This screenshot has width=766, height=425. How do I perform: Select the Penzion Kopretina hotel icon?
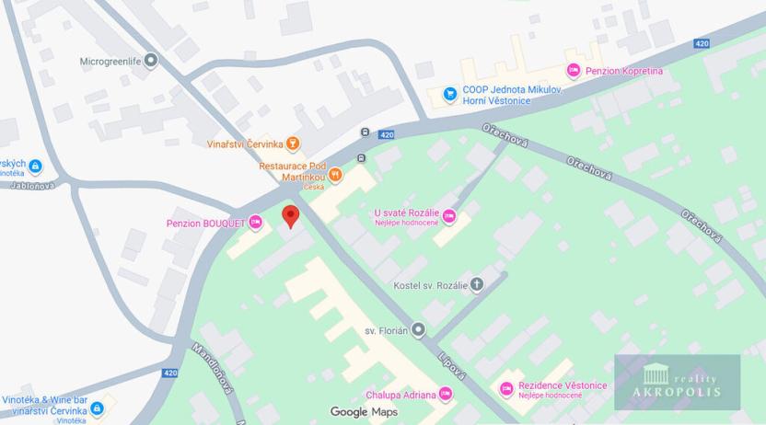[573, 71]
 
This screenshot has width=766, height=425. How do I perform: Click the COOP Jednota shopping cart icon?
[449, 94]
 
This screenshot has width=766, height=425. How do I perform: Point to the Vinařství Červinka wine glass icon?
[293, 144]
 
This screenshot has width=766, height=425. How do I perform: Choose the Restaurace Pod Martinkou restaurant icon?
[335, 172]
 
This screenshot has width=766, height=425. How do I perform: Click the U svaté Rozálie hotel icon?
[449, 217]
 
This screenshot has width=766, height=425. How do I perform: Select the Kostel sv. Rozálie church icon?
[476, 284]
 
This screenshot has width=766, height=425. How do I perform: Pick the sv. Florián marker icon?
[418, 329]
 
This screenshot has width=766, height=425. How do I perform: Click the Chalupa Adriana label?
[400, 396]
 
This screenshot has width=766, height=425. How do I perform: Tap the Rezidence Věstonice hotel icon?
[505, 389]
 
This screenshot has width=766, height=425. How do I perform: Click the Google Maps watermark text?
[364, 412]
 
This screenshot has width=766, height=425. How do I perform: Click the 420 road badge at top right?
[702, 43]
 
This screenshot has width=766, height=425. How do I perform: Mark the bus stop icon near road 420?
[366, 132]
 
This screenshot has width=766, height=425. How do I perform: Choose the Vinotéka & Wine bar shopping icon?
[97, 408]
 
